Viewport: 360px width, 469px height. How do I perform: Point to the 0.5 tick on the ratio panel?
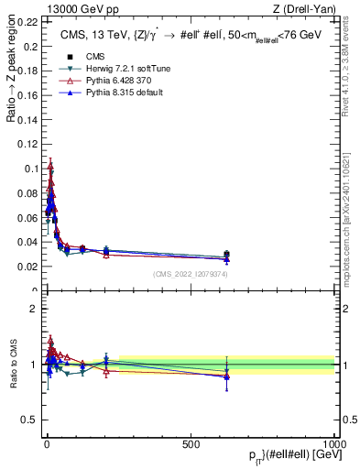(30, 420)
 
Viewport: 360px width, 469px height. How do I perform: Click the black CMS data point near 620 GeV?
(226, 255)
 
